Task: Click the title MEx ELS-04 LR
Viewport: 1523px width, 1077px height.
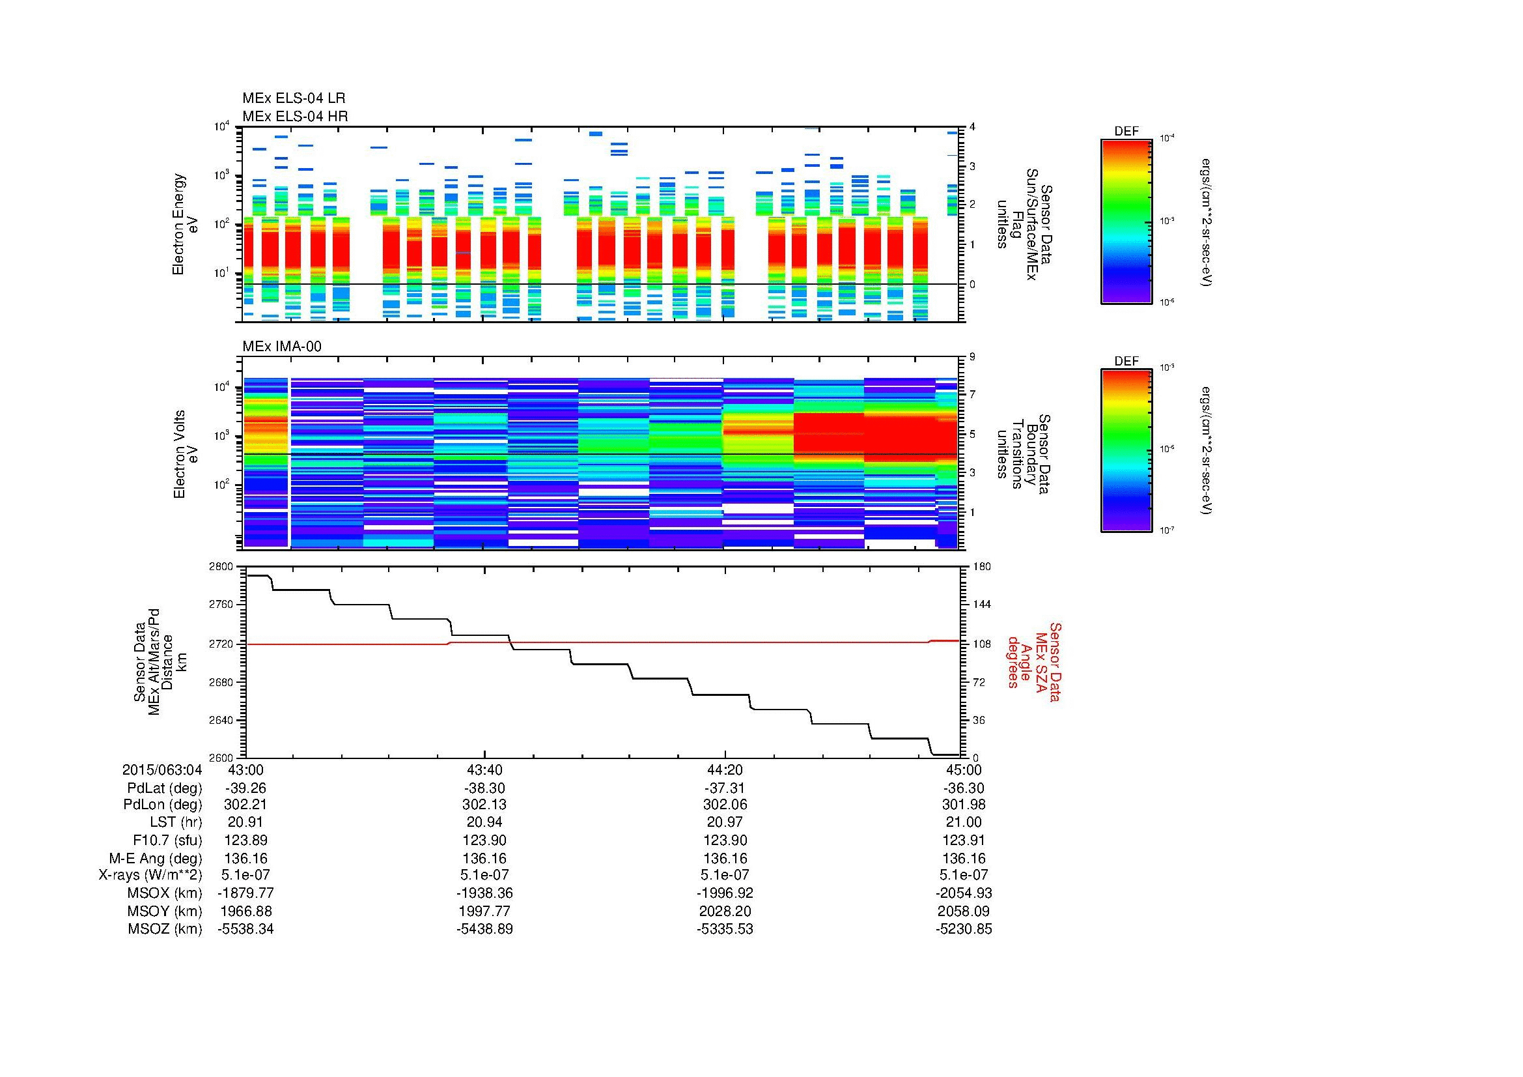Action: [x=293, y=99]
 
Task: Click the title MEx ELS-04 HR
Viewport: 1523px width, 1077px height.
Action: [x=294, y=117]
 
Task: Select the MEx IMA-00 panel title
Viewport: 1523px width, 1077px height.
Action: [x=282, y=347]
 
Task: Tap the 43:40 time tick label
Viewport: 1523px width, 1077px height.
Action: [x=484, y=769]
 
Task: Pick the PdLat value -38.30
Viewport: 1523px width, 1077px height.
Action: [x=484, y=788]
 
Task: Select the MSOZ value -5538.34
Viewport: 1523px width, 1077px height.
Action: [x=245, y=929]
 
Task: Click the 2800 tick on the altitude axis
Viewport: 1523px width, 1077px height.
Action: [x=223, y=567]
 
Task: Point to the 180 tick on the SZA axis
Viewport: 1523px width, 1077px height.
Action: [x=981, y=567]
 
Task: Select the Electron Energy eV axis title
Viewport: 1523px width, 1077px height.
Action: [x=185, y=224]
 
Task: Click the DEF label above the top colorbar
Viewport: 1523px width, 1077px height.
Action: [x=1126, y=132]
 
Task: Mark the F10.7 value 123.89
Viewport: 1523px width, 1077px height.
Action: [x=245, y=840]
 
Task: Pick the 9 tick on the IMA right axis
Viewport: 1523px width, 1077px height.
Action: [x=972, y=358]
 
